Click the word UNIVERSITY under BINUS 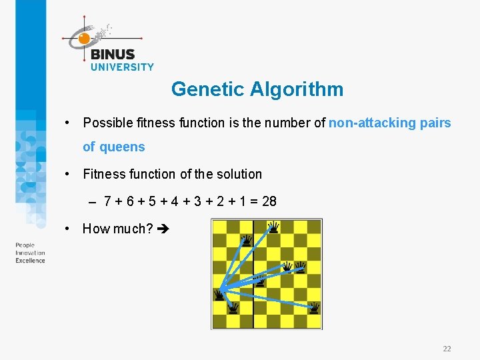[121, 67]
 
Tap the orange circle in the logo [84, 39]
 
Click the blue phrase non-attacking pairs [389, 123]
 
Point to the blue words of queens [113, 147]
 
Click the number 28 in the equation [269, 201]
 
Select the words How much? [117, 229]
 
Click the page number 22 [447, 349]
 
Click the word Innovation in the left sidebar [30, 253]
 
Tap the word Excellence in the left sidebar [30, 261]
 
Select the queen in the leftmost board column [219, 294]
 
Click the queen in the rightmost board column [314, 307]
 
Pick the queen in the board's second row [247, 240]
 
